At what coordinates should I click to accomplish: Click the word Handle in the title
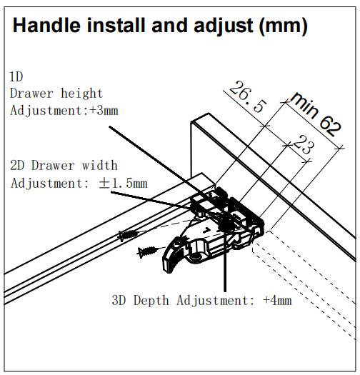46,25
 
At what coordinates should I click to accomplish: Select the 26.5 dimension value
248,97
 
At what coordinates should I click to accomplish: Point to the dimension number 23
304,144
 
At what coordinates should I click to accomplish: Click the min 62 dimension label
316,114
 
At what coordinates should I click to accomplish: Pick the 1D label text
16,77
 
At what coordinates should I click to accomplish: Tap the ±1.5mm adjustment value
123,184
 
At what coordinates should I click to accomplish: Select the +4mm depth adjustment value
277,300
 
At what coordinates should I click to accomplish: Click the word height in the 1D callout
82,94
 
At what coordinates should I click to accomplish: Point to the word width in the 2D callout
100,166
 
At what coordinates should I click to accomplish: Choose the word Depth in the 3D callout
151,301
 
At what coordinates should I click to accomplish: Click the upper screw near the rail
129,235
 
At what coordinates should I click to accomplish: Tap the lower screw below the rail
147,252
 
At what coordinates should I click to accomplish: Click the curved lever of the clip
173,256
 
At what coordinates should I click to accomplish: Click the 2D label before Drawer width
17,166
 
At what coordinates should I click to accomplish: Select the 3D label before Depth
119,301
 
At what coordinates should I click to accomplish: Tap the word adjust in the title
224,26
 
